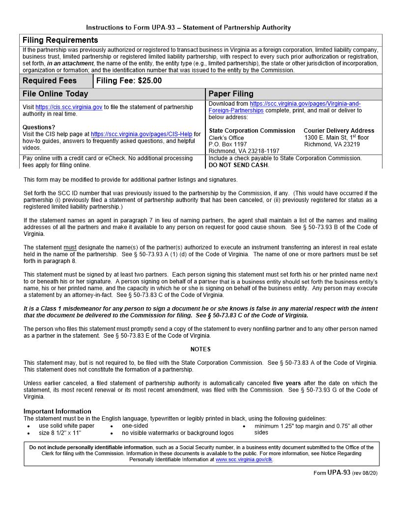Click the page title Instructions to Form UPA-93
[188, 28]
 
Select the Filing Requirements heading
[60, 40]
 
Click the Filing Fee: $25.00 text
[129, 81]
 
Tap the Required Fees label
[50, 81]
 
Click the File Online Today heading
[56, 93]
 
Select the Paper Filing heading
[231, 93]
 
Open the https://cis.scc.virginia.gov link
[69, 107]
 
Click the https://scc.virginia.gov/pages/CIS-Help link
[142, 134]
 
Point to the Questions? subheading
[39, 127]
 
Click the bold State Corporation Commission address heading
[252, 131]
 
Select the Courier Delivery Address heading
[339, 131]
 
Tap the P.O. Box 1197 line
[228, 144]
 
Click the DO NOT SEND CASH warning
[238, 165]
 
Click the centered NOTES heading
[200, 349]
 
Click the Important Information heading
[57, 411]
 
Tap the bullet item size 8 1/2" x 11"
[60, 433]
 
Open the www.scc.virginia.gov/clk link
[244, 460]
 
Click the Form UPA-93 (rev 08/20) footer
[345, 473]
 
